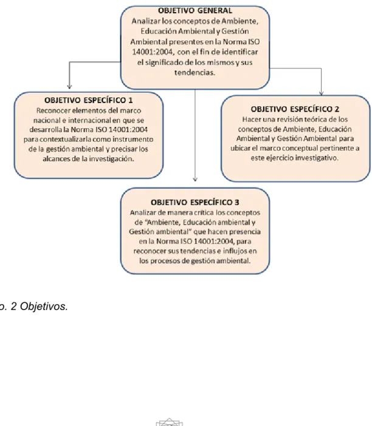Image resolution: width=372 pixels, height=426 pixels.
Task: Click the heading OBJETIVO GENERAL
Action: (x=195, y=10)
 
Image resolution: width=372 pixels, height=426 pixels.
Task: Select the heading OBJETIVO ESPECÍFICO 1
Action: (x=89, y=100)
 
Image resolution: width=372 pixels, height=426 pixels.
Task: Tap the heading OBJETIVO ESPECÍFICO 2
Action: (x=295, y=109)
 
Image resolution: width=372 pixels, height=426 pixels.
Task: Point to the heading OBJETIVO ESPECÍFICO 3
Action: (x=195, y=203)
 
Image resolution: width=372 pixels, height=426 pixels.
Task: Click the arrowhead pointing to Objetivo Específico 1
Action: (x=69, y=86)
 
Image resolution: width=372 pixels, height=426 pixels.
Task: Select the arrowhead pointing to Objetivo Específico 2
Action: (x=321, y=93)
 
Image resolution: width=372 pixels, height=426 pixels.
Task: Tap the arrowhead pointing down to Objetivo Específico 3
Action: (x=195, y=179)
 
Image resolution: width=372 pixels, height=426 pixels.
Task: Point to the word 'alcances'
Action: (x=57, y=159)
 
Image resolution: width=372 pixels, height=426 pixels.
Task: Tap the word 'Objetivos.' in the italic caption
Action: (x=44, y=306)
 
